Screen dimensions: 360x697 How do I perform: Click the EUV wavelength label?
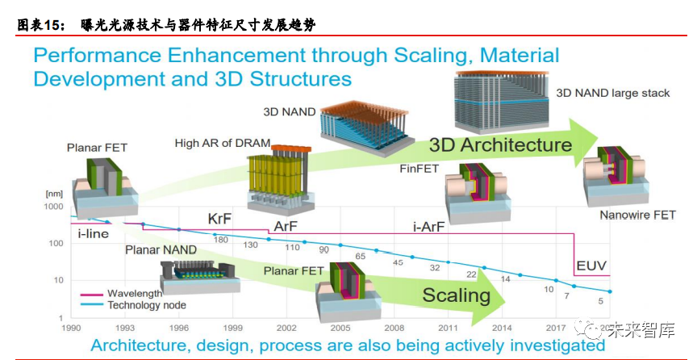(591, 266)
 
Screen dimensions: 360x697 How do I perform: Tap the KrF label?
(223, 219)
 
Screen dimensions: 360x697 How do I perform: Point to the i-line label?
(94, 233)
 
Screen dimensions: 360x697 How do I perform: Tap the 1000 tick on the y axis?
(52, 207)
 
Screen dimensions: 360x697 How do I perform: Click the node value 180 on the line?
(220, 240)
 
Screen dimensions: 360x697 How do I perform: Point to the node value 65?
(361, 255)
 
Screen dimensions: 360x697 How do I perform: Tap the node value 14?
(506, 278)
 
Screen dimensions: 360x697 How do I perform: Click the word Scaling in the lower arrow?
(456, 295)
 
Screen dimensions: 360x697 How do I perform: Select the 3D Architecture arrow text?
(500, 145)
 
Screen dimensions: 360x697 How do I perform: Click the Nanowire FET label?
(637, 216)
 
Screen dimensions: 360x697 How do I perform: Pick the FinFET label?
(419, 169)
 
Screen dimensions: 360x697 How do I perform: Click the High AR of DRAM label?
(223, 143)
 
